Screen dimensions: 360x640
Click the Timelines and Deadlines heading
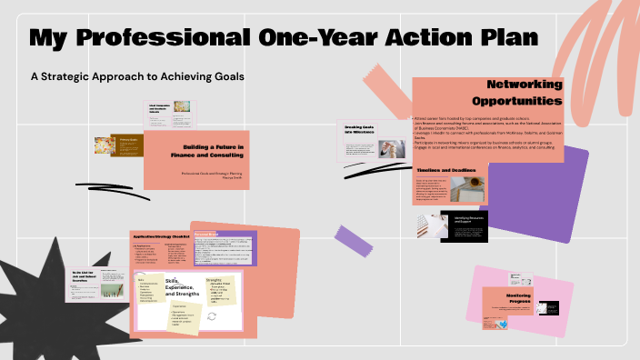[446, 170]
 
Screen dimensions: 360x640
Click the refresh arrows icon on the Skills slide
[212, 315]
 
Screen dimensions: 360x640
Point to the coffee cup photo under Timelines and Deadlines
[474, 190]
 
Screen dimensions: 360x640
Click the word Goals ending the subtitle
[228, 75]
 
